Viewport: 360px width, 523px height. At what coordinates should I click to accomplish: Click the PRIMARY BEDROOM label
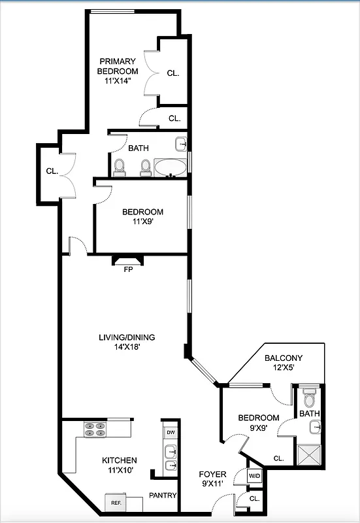[x=118, y=66]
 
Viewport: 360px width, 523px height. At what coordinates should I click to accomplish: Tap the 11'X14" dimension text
[x=118, y=81]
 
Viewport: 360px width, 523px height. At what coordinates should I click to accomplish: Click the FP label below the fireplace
[x=128, y=269]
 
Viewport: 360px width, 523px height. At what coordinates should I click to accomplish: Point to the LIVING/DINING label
[x=127, y=337]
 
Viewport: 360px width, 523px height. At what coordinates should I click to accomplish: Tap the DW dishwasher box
[x=171, y=432]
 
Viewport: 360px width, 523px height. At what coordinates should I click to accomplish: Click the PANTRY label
[x=163, y=496]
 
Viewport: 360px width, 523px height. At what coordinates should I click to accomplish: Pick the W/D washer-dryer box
[x=254, y=476]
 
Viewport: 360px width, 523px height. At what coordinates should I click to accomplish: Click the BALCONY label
[x=284, y=358]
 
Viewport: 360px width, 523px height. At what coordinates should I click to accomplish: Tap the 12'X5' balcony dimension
[x=284, y=368]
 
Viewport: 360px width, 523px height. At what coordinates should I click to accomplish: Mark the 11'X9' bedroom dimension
[x=142, y=222]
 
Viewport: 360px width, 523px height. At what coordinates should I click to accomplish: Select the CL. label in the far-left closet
[x=52, y=171]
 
